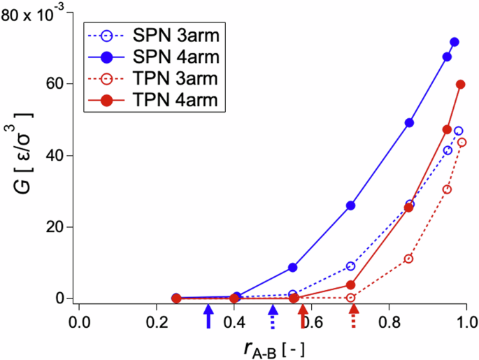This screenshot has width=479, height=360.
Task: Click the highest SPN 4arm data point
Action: (x=455, y=43)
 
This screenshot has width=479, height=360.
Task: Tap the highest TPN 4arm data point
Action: (x=461, y=85)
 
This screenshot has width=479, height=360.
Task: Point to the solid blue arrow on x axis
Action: (x=208, y=316)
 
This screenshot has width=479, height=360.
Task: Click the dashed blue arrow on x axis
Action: (x=273, y=317)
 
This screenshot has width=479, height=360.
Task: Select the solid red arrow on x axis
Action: (x=302, y=316)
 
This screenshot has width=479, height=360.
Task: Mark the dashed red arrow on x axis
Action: (x=354, y=317)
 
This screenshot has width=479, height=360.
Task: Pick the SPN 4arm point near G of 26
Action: (x=351, y=206)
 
